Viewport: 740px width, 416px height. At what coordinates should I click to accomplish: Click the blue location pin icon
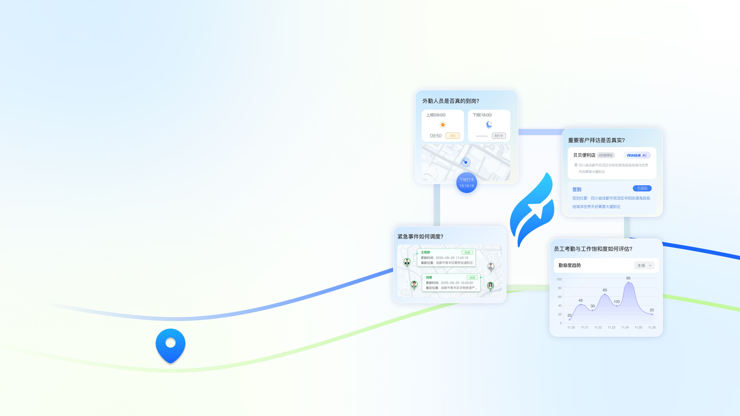pyautogui.click(x=170, y=345)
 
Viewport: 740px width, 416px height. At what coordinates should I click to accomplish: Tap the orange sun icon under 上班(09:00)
pyautogui.click(x=443, y=125)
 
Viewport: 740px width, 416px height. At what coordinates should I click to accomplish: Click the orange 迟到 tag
pyautogui.click(x=452, y=136)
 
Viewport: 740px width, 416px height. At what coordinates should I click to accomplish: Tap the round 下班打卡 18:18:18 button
pyautogui.click(x=467, y=183)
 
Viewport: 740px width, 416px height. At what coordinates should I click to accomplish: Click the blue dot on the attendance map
pyautogui.click(x=466, y=162)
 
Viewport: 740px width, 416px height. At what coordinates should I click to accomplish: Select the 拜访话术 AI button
pyautogui.click(x=637, y=155)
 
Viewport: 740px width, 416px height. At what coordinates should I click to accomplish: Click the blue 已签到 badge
pyautogui.click(x=642, y=188)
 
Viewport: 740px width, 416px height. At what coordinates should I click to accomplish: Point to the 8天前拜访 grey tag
pyautogui.click(x=605, y=155)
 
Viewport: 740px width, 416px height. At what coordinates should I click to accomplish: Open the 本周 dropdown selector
pyautogui.click(x=644, y=266)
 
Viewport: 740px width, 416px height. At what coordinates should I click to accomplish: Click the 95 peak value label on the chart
pyautogui.click(x=628, y=278)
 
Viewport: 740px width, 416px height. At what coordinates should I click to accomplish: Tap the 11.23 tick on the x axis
pyautogui.click(x=611, y=327)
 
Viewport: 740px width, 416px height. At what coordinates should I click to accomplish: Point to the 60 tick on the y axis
pyautogui.click(x=560, y=297)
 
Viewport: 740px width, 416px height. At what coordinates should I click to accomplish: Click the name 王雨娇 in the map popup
pyautogui.click(x=425, y=252)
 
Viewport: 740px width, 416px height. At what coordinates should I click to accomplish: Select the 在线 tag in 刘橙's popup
pyautogui.click(x=472, y=277)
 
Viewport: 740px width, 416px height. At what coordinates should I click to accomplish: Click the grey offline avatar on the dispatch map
pyautogui.click(x=491, y=266)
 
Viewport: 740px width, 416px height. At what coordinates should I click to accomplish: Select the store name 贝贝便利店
pyautogui.click(x=584, y=155)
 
